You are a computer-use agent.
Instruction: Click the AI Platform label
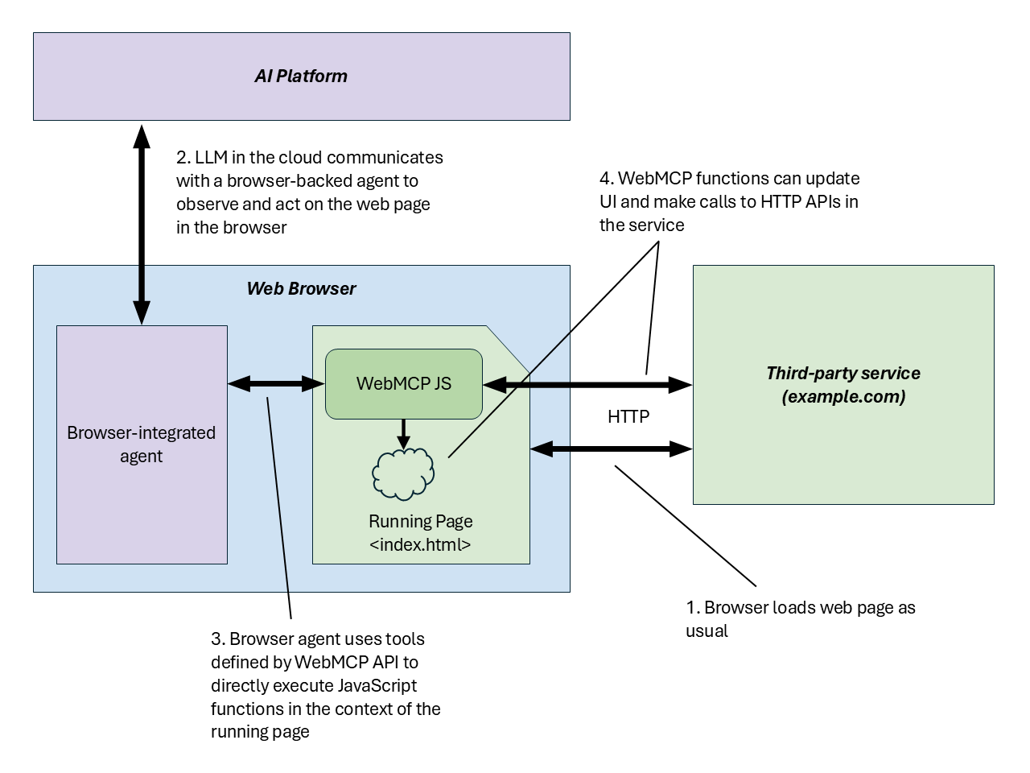301,76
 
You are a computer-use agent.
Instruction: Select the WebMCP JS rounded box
403,384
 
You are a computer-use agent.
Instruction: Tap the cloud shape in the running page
403,474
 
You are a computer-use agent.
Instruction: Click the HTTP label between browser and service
628,416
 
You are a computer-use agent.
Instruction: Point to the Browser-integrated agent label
142,444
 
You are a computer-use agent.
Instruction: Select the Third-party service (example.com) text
843,385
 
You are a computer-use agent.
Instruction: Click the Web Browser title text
301,288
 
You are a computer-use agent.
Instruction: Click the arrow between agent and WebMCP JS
276,384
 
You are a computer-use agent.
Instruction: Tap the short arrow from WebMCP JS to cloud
403,433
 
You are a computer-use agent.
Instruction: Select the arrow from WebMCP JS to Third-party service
587,385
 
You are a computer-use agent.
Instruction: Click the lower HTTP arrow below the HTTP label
612,449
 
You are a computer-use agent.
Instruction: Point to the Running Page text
420,521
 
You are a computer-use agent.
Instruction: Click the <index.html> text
420,544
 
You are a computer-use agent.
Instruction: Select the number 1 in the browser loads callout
690,608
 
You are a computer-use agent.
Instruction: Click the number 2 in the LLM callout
182,158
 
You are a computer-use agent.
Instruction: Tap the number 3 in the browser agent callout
216,639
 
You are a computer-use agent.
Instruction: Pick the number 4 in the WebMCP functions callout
605,179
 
